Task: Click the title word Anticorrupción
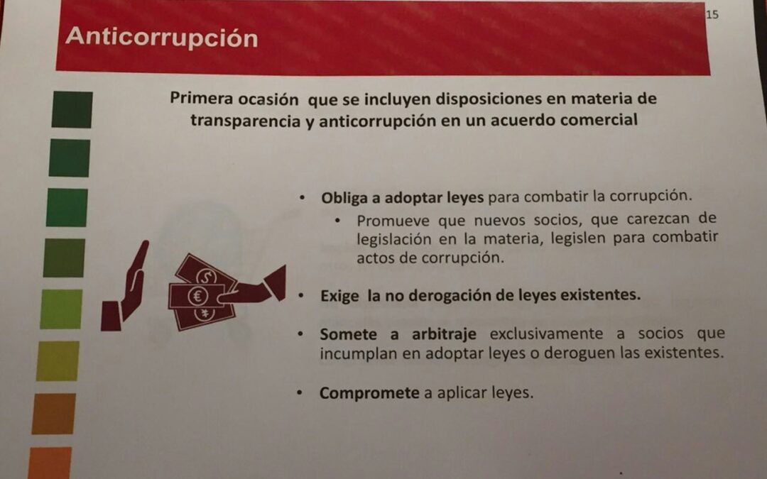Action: pyautogui.click(x=161, y=38)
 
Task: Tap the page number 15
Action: pyautogui.click(x=712, y=15)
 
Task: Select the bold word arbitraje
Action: pyautogui.click(x=444, y=335)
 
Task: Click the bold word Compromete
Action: pyautogui.click(x=369, y=393)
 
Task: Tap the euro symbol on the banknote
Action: pyautogui.click(x=198, y=296)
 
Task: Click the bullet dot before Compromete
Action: pyautogui.click(x=300, y=392)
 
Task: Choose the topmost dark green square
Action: pyautogui.click(x=72, y=109)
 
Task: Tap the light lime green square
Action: pyautogui.click(x=61, y=309)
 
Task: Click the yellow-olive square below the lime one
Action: pyautogui.click(x=58, y=361)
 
